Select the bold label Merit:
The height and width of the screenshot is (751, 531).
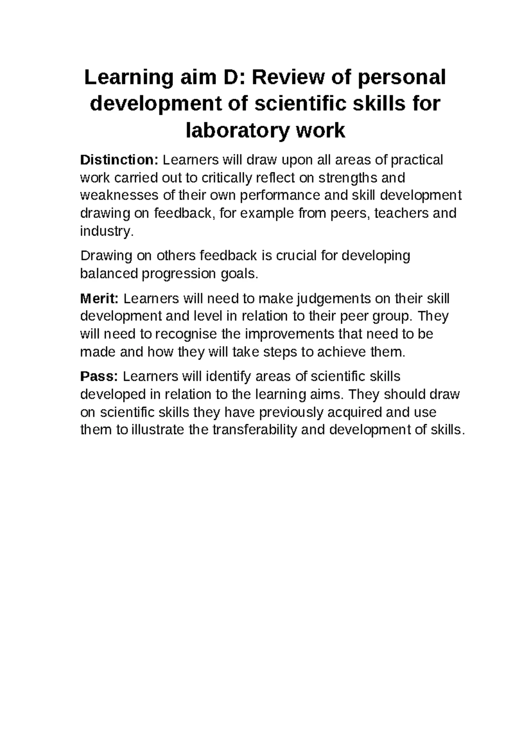99,299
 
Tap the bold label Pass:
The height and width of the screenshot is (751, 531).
99,376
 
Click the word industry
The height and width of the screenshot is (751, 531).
106,231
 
